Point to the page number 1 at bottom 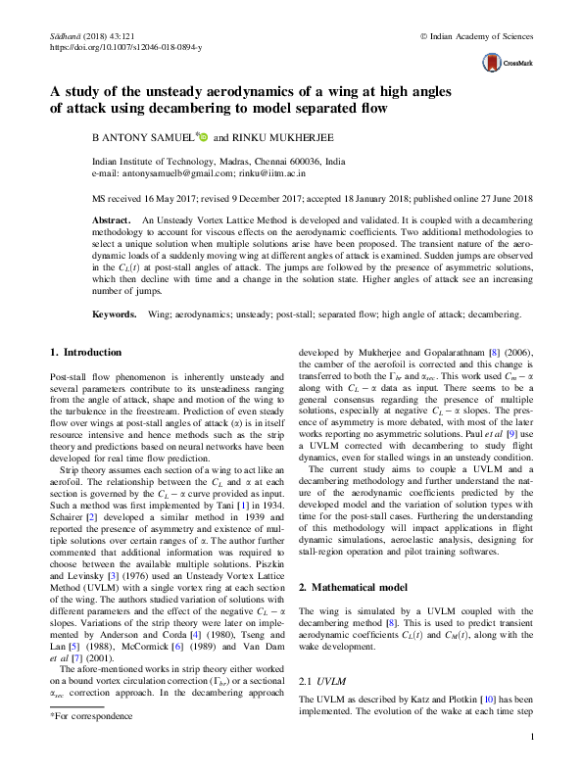tap(530, 737)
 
